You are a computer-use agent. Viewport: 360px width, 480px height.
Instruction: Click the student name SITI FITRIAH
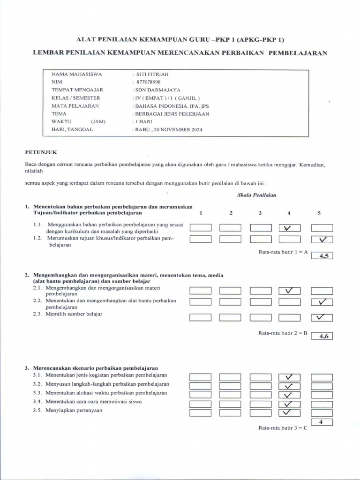pos(153,74)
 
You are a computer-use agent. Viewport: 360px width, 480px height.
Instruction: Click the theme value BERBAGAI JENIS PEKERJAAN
pos(172,113)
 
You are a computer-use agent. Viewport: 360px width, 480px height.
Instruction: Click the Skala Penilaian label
pos(253,195)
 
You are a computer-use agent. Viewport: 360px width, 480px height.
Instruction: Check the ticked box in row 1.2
pos(322,240)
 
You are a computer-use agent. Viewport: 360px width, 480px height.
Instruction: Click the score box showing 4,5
pos(322,256)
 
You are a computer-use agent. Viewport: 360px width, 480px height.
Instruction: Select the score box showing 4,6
pos(322,336)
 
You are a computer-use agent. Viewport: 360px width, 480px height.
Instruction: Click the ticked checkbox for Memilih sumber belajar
pos(322,317)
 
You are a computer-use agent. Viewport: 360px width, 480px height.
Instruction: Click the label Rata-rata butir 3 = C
pos(283,428)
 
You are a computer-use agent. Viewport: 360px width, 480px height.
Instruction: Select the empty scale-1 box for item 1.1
pos(201,228)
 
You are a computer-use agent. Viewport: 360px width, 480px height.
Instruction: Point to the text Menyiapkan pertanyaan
pos(74,411)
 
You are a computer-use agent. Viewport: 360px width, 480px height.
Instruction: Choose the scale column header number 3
pos(260,213)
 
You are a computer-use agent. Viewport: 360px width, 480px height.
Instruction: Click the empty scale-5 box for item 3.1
pos(322,377)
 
